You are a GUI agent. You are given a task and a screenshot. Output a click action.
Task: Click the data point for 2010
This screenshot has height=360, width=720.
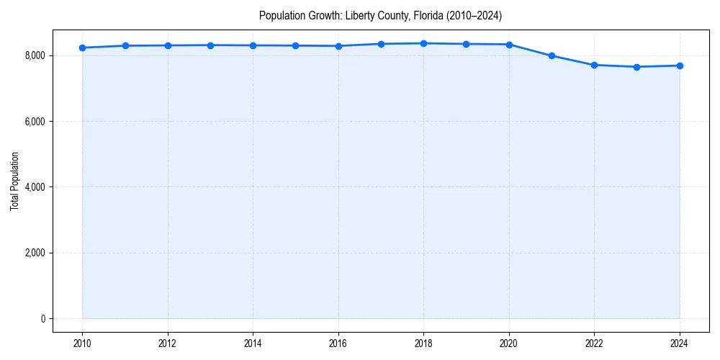(83, 48)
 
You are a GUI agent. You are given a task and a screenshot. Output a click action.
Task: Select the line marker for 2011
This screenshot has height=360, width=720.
(125, 45)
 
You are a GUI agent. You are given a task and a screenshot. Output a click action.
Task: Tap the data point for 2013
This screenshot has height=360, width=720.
(210, 45)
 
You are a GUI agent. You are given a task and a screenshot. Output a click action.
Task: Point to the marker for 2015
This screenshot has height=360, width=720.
(296, 45)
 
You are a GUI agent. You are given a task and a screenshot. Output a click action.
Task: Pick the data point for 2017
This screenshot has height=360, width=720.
(381, 44)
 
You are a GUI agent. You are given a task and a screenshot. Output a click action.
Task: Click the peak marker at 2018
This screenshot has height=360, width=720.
(423, 43)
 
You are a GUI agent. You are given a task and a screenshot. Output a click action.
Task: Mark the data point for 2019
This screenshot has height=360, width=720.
(467, 44)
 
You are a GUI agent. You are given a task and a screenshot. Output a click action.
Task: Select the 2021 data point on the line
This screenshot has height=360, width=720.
(552, 55)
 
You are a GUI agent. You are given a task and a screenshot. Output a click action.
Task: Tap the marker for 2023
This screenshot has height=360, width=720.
(636, 67)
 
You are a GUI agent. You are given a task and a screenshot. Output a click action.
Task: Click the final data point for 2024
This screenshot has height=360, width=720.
(680, 66)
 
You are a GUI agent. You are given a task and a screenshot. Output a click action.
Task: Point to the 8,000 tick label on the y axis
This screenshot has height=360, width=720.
(35, 55)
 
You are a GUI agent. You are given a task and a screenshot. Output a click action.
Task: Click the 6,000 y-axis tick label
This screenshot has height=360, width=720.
(35, 122)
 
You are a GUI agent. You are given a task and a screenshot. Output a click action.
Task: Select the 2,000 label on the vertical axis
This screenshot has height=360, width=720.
(35, 253)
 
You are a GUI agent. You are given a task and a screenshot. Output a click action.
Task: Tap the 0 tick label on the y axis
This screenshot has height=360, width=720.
(42, 319)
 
